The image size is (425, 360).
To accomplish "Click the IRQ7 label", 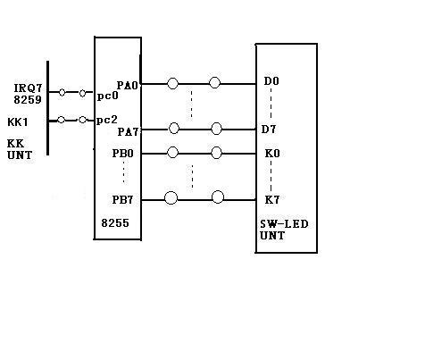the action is [29, 88].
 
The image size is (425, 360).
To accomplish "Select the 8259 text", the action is [28, 100].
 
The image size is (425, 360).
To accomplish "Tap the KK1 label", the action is [18, 122].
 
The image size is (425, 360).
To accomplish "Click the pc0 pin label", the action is [107, 96].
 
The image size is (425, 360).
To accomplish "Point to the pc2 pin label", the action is [107, 121].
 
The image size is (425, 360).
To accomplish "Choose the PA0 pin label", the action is [128, 86].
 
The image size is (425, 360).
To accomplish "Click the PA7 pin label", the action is [129, 131].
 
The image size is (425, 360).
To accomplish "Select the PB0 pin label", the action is [122, 154].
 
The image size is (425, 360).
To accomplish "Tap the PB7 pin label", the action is [122, 200].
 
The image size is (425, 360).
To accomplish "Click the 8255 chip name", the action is [115, 223].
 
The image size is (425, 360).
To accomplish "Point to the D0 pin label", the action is [271, 81].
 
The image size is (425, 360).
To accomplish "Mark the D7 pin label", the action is [269, 130].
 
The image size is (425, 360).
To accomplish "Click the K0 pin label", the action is [272, 154].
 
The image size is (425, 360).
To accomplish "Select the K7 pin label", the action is [272, 200].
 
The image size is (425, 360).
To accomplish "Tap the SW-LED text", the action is [284, 224].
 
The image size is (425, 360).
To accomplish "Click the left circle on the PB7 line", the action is [171, 197].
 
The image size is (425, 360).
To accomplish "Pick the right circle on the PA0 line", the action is [214, 83].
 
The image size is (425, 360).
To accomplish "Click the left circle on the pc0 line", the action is [62, 92].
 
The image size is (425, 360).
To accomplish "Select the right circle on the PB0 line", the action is [216, 153].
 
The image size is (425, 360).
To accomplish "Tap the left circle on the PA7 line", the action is [174, 129].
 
